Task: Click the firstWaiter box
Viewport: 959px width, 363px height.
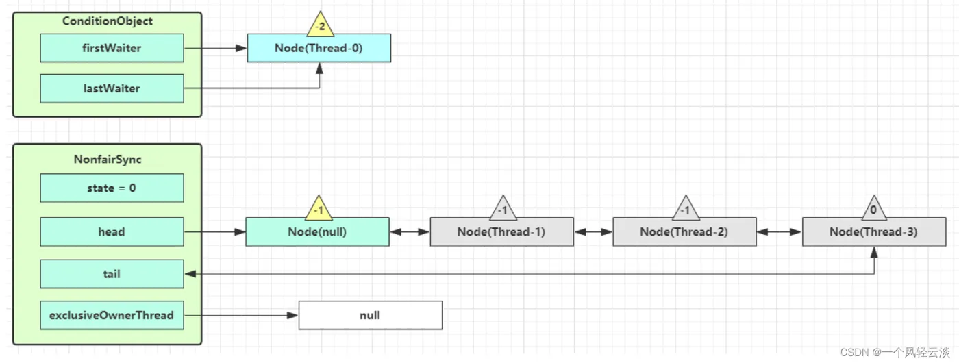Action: coord(112,48)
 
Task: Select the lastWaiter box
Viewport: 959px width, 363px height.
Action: coord(112,88)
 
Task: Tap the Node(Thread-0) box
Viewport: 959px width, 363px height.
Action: coord(319,48)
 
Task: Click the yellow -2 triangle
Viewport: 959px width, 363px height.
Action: coord(321,25)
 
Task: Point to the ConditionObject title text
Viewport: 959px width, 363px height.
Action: coord(108,21)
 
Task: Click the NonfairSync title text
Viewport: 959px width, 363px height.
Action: coord(108,159)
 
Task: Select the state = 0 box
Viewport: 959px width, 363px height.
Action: coord(112,188)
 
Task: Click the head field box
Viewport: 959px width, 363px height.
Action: coord(112,231)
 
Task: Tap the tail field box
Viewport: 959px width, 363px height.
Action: coord(112,274)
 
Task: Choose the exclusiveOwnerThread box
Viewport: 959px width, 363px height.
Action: coord(112,316)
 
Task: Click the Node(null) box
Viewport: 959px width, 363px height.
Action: coord(317,231)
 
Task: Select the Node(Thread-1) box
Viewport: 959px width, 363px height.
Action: coord(501,231)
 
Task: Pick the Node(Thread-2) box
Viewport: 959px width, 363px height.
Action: coord(684,231)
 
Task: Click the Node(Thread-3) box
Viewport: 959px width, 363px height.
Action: coord(874,231)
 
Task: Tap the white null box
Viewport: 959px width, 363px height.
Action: coord(371,316)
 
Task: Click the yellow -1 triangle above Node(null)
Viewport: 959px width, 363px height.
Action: coord(319,208)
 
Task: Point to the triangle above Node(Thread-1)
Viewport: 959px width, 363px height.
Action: coord(503,208)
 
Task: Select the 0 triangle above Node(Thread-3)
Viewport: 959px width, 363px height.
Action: coord(874,208)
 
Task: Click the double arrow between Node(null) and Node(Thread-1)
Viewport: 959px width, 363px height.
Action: coord(410,232)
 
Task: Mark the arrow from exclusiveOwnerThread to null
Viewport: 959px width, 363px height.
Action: coord(241,316)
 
